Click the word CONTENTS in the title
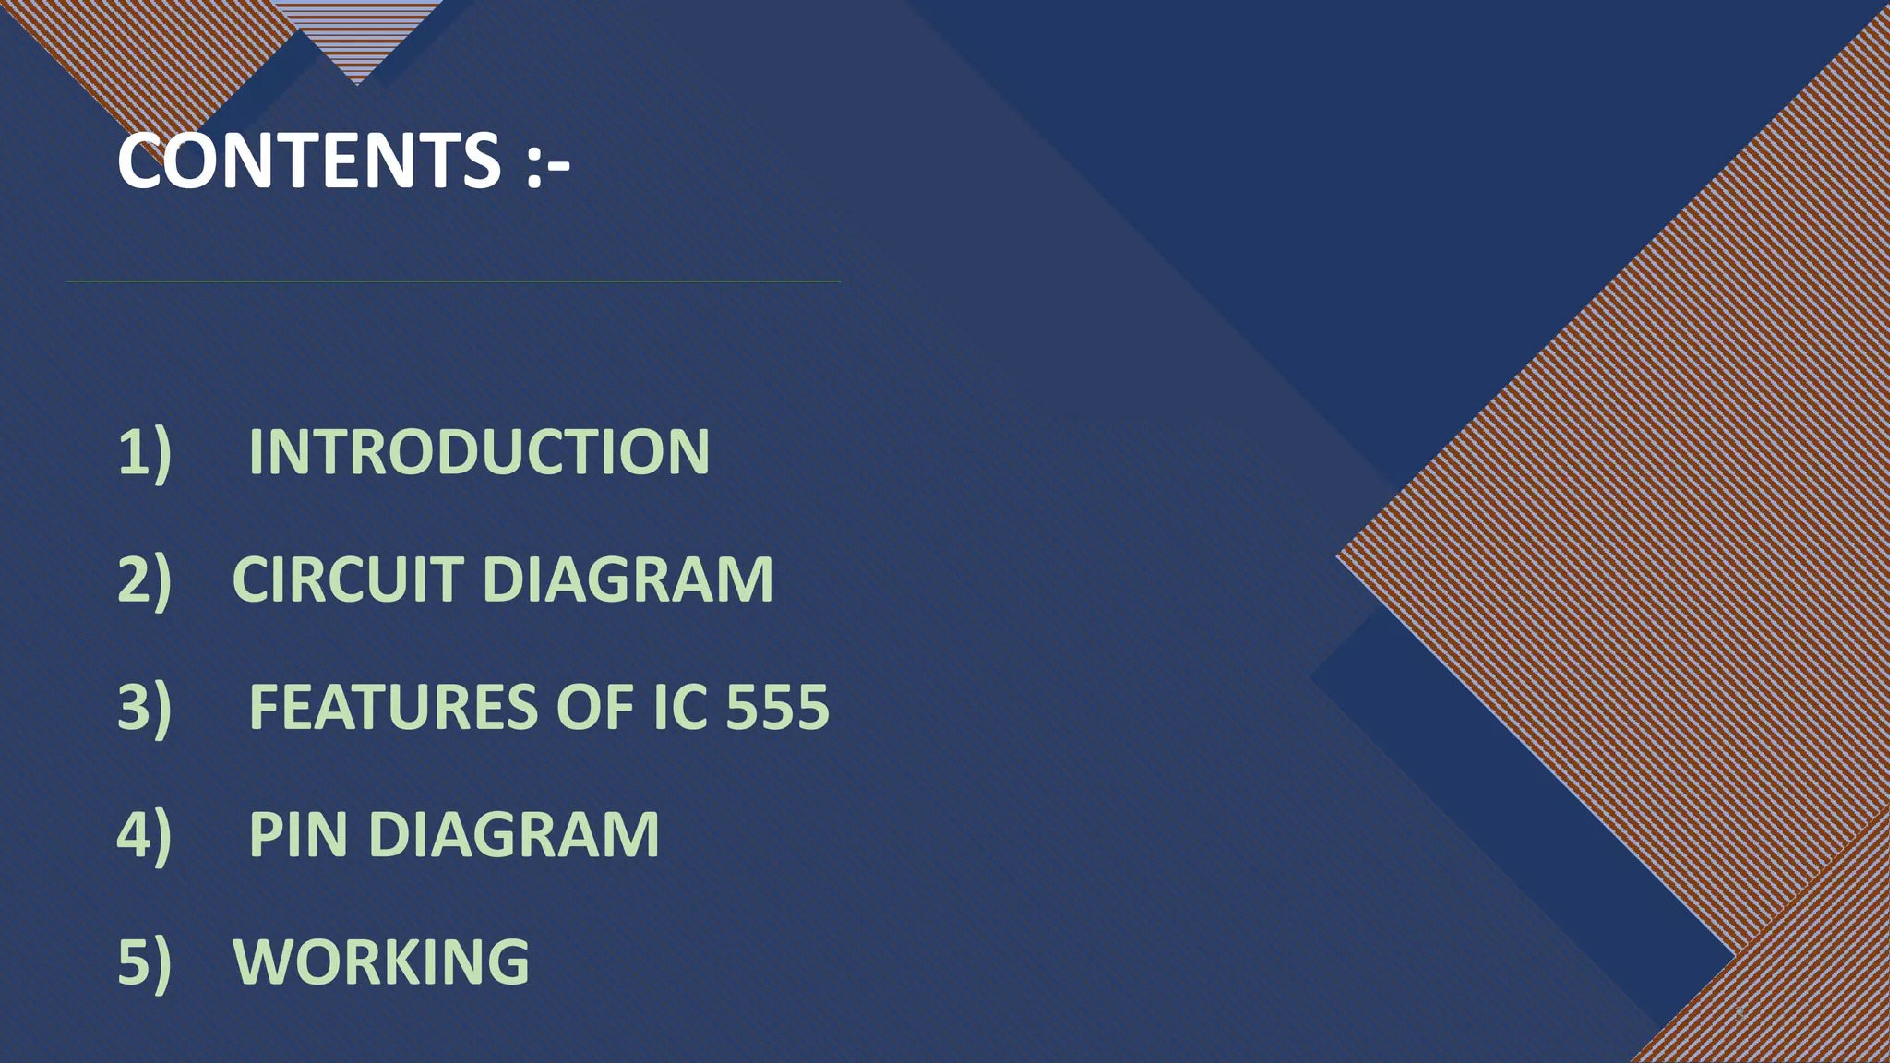pyautogui.click(x=309, y=161)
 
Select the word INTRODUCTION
pyautogui.click(x=479, y=452)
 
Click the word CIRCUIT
pyautogui.click(x=348, y=579)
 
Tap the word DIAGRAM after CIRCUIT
pyautogui.click(x=628, y=579)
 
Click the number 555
pyautogui.click(x=778, y=707)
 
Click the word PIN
pyautogui.click(x=299, y=834)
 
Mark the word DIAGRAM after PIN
pyautogui.click(x=514, y=834)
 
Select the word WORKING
pyautogui.click(x=381, y=961)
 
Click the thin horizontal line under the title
pyautogui.click(x=453, y=281)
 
